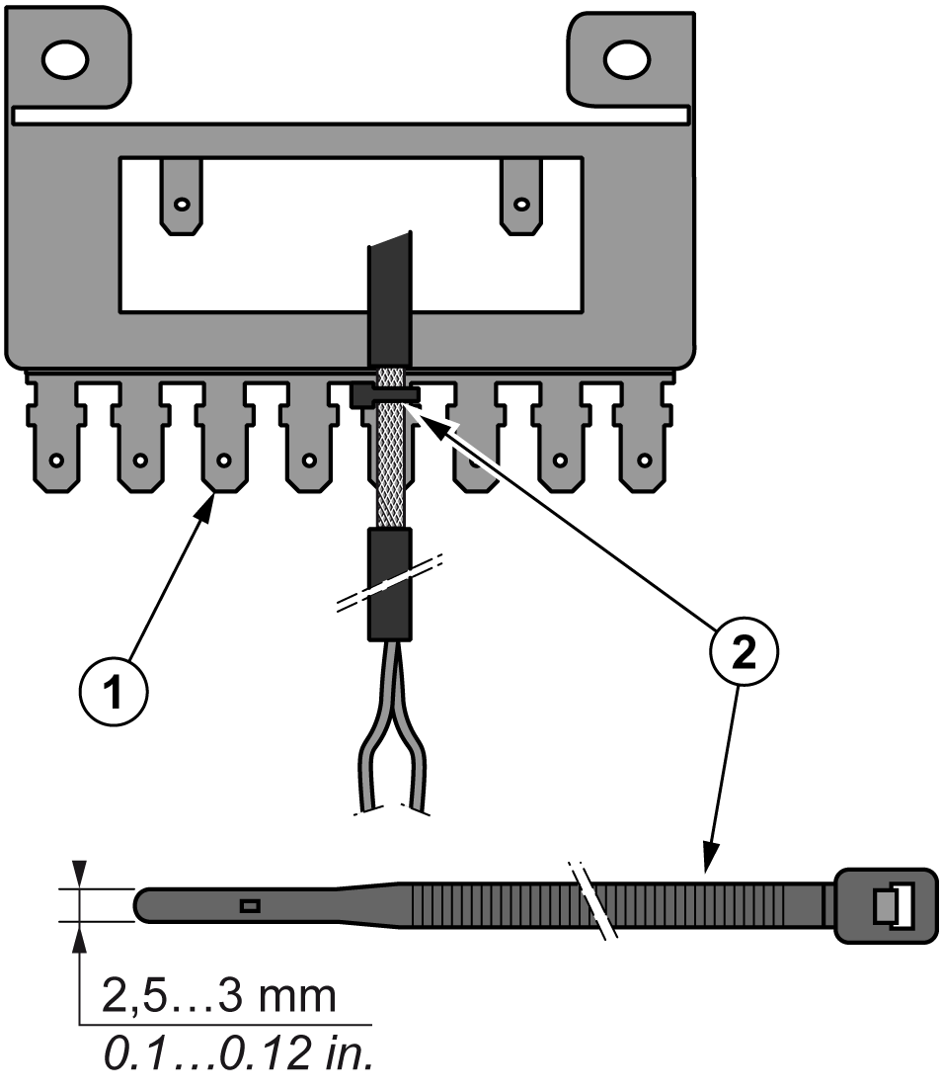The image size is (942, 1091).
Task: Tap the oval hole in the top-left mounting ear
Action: click(69, 60)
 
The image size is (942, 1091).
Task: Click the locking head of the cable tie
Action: click(885, 904)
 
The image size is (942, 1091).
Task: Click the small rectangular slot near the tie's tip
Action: click(251, 905)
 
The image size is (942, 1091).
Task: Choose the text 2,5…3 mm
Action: click(218, 996)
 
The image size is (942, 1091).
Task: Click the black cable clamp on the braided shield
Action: click(385, 395)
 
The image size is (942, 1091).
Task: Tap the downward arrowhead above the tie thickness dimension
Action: click(79, 874)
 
